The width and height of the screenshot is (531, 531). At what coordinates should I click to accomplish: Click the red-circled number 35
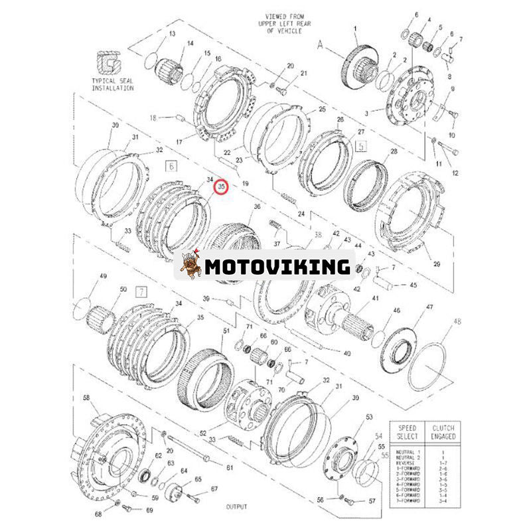pyautogui.click(x=222, y=189)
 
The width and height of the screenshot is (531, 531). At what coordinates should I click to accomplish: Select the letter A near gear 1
pyautogui.click(x=321, y=44)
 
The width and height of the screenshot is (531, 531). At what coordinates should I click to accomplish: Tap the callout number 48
pyautogui.click(x=456, y=321)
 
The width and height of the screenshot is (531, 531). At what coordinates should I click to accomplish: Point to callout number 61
pyautogui.click(x=230, y=468)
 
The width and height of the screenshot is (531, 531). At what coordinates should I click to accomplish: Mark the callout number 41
pyautogui.click(x=375, y=299)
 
